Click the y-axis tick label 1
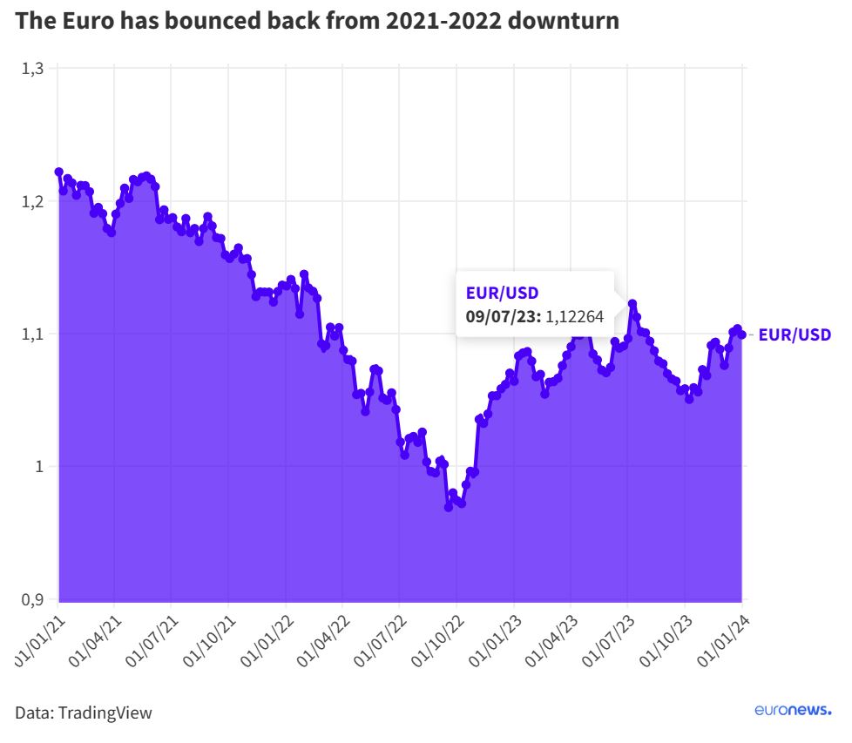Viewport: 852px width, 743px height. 40,467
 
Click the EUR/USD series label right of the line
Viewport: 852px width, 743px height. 795,334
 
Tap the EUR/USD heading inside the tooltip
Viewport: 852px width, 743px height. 503,292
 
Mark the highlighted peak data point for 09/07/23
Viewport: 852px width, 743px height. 632,304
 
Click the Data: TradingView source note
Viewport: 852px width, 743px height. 84,713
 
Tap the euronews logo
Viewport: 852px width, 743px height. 793,711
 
